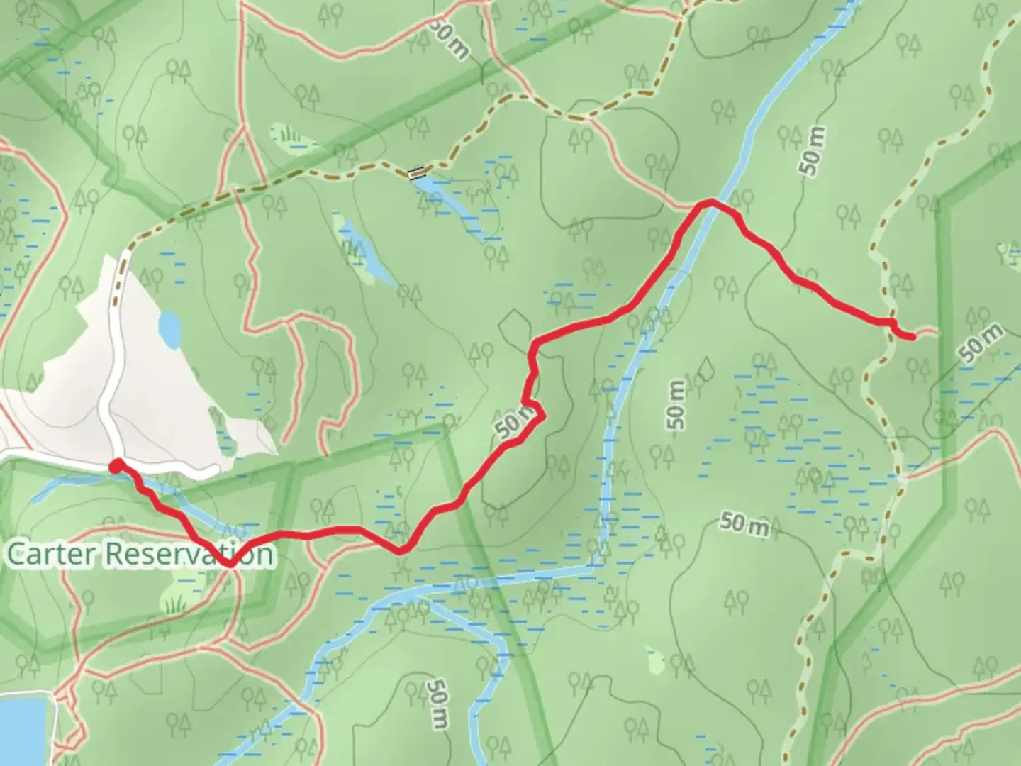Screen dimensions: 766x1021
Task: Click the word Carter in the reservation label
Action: (x=50, y=554)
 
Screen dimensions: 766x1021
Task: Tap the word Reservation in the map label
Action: (x=189, y=554)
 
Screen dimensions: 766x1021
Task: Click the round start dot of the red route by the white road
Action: (x=115, y=466)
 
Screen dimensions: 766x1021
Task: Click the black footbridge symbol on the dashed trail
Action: (x=417, y=172)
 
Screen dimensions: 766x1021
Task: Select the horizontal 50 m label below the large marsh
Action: (x=745, y=524)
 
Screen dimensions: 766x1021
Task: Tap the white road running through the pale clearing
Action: (x=111, y=369)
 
